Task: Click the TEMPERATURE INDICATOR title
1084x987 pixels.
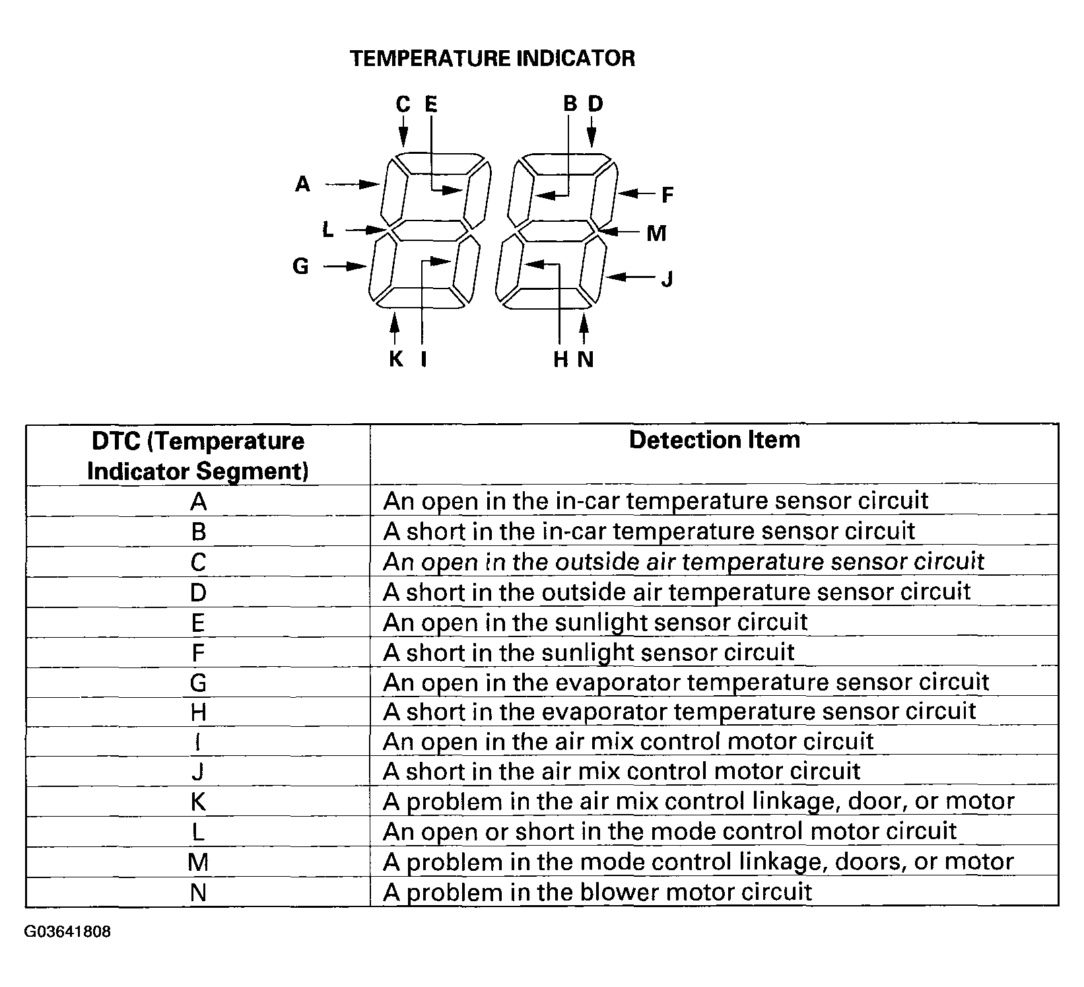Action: pos(492,59)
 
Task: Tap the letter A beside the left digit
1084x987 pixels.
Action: pos(302,184)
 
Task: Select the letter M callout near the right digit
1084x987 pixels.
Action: pos(656,233)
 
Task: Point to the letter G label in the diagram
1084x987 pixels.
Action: pos(300,266)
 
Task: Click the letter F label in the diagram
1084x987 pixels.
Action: pos(667,195)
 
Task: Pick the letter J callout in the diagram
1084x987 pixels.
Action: pos(667,279)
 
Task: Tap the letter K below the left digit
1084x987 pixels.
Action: pos(395,359)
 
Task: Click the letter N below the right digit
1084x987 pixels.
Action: pos(586,359)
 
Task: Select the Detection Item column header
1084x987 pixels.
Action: pos(714,440)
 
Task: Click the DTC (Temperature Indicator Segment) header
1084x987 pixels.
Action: pos(198,456)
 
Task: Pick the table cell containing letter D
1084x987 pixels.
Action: pos(198,592)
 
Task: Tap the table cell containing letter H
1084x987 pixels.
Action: pos(198,712)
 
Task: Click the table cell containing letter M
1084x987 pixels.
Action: pos(198,862)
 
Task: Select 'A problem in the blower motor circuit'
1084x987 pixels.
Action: pos(597,893)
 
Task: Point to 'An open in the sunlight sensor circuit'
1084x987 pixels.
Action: pos(595,622)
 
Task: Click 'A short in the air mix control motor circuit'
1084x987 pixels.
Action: pos(622,771)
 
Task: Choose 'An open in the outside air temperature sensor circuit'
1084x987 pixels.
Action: pos(684,562)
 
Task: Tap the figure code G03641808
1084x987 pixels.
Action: pos(68,932)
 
